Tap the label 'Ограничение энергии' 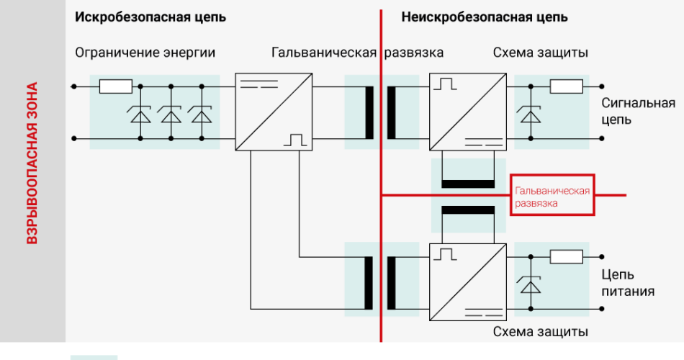(x=145, y=53)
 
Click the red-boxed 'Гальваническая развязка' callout (x=552, y=196)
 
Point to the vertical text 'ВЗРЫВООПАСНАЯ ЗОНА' (x=32, y=163)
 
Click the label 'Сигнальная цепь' (x=638, y=111)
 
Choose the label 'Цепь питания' (x=628, y=283)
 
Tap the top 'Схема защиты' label (x=541, y=53)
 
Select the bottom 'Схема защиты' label (x=541, y=332)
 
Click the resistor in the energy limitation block (x=115, y=87)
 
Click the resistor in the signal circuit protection (x=566, y=87)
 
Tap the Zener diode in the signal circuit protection (x=531, y=114)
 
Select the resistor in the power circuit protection (x=566, y=257)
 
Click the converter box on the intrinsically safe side (x=274, y=112)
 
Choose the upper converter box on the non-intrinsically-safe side (x=467, y=112)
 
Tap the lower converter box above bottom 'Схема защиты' (x=467, y=282)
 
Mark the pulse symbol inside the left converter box (x=295, y=139)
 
